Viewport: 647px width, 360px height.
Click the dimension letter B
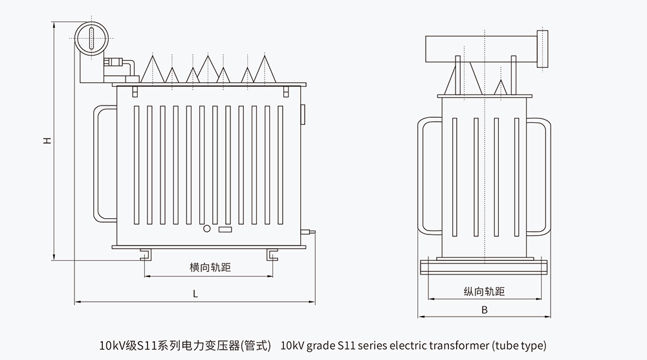pyautogui.click(x=484, y=309)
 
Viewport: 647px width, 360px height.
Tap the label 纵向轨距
pyautogui.click(x=484, y=292)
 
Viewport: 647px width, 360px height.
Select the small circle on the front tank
pyautogui.click(x=207, y=229)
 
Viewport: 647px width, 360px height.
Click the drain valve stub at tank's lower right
pyautogui.click(x=312, y=231)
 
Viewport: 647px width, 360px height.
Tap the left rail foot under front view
pyautogui.click(x=145, y=254)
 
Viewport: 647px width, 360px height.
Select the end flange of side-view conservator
pyautogui.click(x=543, y=49)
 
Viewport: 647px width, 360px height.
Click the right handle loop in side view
pyautogui.click(x=540, y=176)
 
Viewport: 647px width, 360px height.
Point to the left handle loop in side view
pyautogui.click(x=428, y=176)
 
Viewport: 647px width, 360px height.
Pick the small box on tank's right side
pyautogui.click(x=303, y=113)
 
